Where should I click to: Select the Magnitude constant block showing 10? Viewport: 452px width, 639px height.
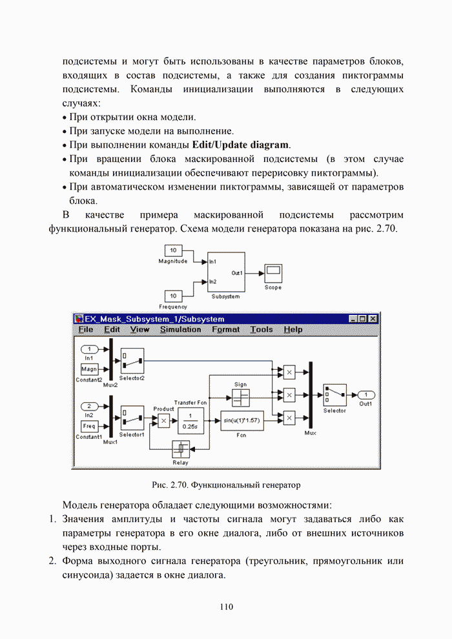click(173, 250)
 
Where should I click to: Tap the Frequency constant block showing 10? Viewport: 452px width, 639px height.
click(173, 296)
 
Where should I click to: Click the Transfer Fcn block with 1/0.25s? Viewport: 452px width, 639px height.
click(190, 420)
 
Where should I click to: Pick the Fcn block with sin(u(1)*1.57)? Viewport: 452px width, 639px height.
click(241, 420)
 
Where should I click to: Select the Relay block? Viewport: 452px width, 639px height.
click(181, 448)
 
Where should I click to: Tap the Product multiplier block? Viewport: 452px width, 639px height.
click(163, 420)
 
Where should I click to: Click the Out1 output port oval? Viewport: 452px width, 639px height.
click(366, 394)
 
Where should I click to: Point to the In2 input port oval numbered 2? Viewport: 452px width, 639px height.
click(89, 406)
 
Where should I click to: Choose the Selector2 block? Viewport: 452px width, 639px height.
click(132, 360)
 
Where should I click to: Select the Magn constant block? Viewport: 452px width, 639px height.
click(89, 369)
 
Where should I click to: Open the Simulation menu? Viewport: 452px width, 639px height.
click(180, 329)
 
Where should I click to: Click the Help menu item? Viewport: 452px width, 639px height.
click(293, 329)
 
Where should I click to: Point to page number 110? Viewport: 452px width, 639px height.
click(225, 606)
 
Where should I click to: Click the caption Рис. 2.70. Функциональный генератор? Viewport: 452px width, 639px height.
click(226, 483)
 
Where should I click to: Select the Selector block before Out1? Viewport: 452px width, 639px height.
click(334, 394)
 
